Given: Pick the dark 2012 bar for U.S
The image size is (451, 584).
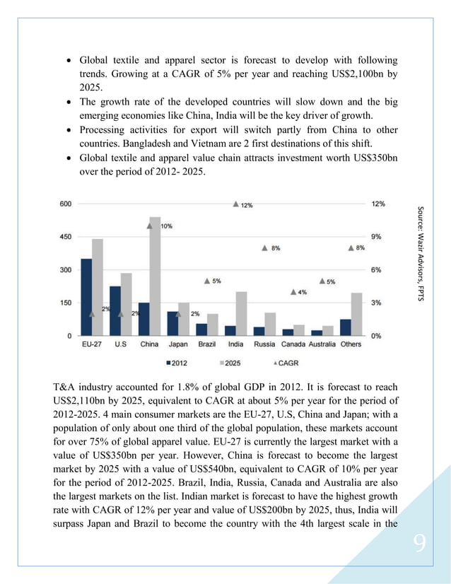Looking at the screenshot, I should (x=115, y=310).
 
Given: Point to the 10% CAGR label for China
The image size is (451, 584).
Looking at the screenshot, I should (x=165, y=226).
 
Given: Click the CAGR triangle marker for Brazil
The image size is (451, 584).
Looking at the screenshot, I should (x=207, y=281).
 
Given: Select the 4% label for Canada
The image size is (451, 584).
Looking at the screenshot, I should (x=302, y=292).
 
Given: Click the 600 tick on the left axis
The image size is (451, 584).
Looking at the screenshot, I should (x=65, y=204).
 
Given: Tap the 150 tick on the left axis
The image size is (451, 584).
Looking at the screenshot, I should (x=65, y=303).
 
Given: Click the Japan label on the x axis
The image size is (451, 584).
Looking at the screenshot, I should (x=178, y=344).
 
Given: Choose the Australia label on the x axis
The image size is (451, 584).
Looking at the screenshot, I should (x=322, y=344).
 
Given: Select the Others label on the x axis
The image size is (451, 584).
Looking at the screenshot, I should (x=351, y=344).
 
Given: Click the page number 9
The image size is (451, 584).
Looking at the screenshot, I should (x=420, y=543).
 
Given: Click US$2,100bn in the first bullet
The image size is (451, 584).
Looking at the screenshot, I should (x=346, y=74).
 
